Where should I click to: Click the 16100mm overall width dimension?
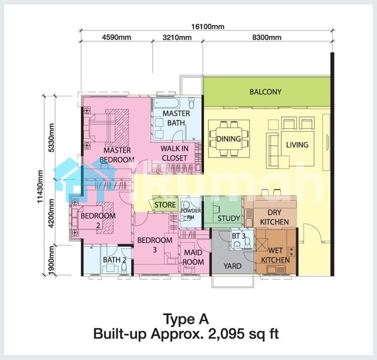tap(208, 26)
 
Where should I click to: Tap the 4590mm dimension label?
tap(117, 37)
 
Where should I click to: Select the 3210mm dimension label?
tap(177, 37)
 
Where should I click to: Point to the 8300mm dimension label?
tap(267, 37)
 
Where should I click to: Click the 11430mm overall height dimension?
tap(40, 186)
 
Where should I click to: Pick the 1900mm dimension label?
tap(51, 260)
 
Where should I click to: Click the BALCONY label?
tap(266, 92)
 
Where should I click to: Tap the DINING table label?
tap(229, 138)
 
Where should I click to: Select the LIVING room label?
tap(297, 144)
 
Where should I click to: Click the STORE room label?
tap(165, 205)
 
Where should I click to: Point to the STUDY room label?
tap(229, 218)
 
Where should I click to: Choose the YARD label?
tap(233, 266)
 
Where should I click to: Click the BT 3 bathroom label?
tap(239, 236)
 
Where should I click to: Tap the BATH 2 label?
tap(115, 260)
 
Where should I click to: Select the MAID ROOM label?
tap(193, 257)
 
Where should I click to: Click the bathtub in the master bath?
tap(166, 103)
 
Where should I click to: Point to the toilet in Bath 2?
tap(124, 268)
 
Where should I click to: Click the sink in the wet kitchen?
tap(276, 269)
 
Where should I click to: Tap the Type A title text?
tap(186, 319)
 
